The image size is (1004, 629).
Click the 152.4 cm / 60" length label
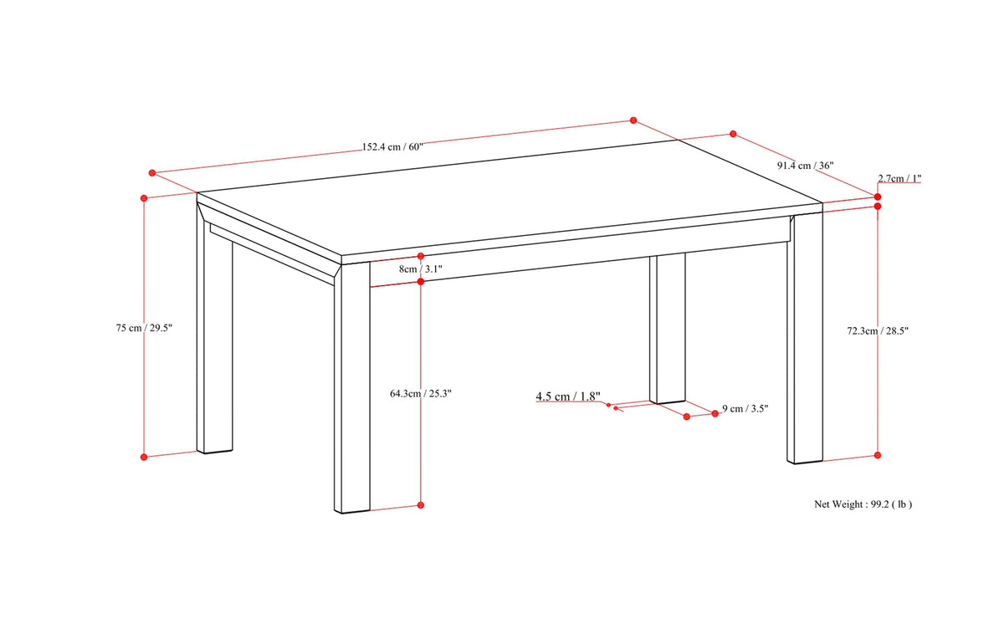tap(392, 147)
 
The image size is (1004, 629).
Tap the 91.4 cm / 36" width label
tap(805, 166)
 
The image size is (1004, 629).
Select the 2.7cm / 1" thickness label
tap(899, 178)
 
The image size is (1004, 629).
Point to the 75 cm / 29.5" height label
tap(144, 328)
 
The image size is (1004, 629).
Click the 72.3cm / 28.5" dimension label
tap(877, 331)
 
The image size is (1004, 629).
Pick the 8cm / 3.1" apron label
tap(420, 269)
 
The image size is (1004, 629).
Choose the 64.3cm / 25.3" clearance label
tap(420, 394)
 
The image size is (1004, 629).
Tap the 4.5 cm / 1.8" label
tap(568, 396)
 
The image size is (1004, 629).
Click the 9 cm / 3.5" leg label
tap(745, 408)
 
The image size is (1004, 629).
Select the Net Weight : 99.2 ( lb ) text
tap(863, 504)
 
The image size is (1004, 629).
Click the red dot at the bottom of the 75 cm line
tap(144, 457)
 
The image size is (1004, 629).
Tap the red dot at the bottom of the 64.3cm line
tap(420, 505)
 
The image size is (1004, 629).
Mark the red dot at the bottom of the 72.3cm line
tap(878, 455)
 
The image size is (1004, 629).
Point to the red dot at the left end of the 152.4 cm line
tap(152, 173)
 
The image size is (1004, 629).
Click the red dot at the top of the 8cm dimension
tap(420, 256)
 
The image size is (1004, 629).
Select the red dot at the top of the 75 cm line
tap(144, 198)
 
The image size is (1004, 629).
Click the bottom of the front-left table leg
tap(352, 511)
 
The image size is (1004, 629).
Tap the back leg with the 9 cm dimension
tap(668, 329)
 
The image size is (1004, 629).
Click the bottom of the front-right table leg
tap(805, 462)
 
